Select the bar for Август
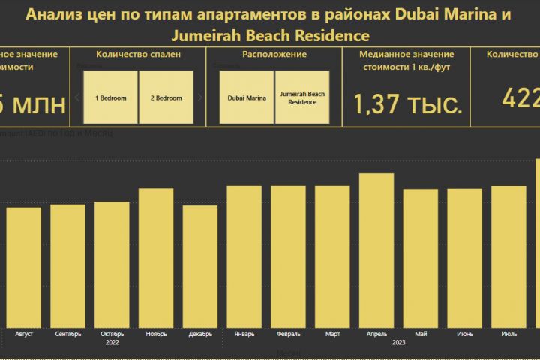(x=24, y=267)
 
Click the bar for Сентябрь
(x=68, y=265)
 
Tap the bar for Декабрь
(x=200, y=266)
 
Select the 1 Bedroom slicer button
(x=110, y=97)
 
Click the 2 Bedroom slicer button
(x=166, y=97)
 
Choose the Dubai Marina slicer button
(x=247, y=97)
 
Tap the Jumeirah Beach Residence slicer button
(x=302, y=97)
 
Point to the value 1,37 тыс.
(x=407, y=104)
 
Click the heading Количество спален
(x=138, y=55)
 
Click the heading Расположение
(x=274, y=55)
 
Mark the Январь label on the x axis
(x=244, y=333)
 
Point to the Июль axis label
(x=508, y=333)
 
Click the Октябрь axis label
(x=112, y=333)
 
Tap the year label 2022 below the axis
(x=112, y=342)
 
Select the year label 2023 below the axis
(x=398, y=342)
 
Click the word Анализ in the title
(x=52, y=14)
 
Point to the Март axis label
(x=332, y=333)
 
